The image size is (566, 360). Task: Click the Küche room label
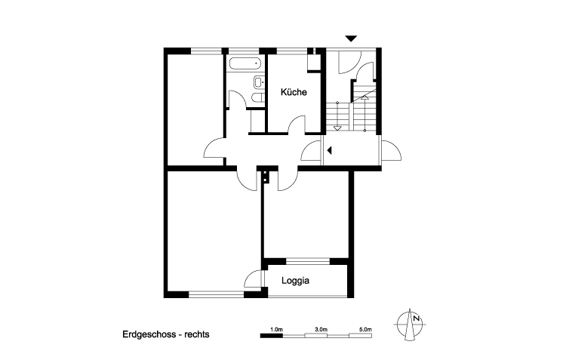(x=293, y=93)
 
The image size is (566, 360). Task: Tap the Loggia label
(x=297, y=280)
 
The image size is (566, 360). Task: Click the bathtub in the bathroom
(x=244, y=63)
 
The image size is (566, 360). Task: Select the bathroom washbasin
(x=258, y=82)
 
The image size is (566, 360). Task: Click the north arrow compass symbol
(x=412, y=324)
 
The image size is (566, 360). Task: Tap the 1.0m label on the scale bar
(x=276, y=330)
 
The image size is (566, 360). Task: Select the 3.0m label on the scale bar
(x=321, y=330)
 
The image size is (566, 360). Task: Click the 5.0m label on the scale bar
(x=365, y=330)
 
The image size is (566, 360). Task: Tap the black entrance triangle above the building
(x=351, y=38)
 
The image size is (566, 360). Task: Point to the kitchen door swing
(x=296, y=124)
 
